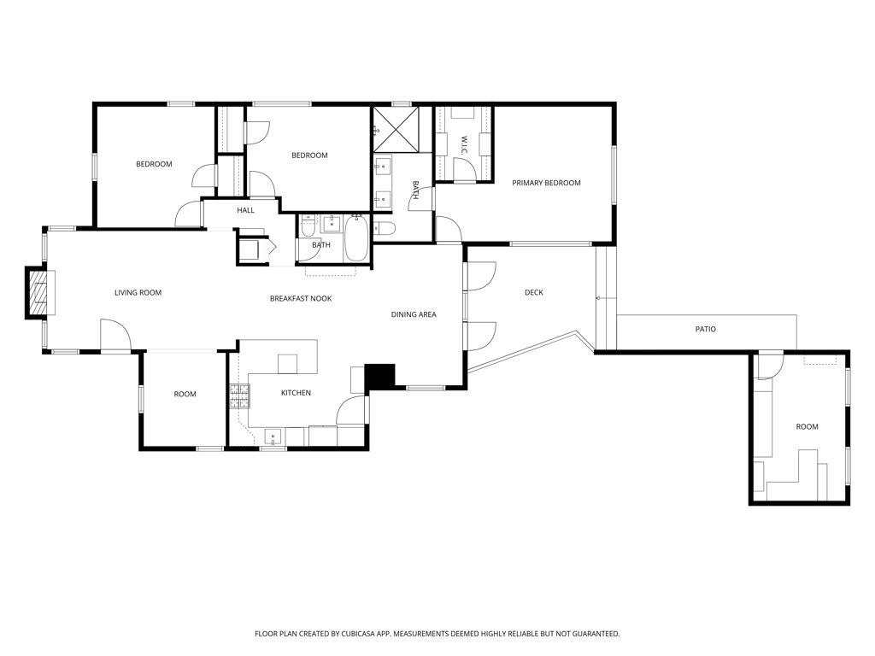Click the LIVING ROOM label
point(138,293)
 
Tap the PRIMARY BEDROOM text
point(546,183)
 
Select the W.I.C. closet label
point(463,143)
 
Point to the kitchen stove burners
point(239,395)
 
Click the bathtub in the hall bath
point(355,239)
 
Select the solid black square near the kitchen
point(380,377)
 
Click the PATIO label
point(705,329)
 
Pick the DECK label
point(533,293)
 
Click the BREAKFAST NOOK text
point(301,298)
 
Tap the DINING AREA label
point(414,314)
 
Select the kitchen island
point(287,363)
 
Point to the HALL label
point(245,210)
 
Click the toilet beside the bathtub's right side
point(385,228)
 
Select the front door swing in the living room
point(115,336)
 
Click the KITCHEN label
point(296,393)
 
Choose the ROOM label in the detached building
point(807,426)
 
